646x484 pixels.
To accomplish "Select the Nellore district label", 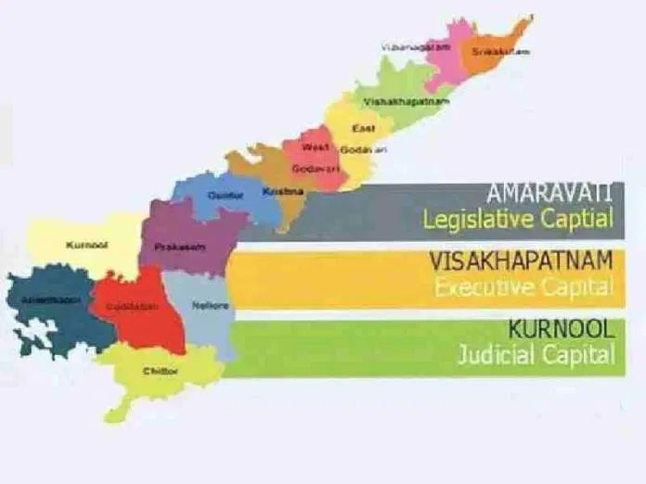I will [204, 306].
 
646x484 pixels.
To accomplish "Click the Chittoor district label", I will [161, 371].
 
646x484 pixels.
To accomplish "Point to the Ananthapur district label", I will [44, 299].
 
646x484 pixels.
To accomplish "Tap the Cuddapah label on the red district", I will [126, 304].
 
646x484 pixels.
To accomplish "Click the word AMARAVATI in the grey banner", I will [549, 195].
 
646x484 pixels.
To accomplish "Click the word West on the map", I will [316, 146].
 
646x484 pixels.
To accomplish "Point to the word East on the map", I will [364, 128].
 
